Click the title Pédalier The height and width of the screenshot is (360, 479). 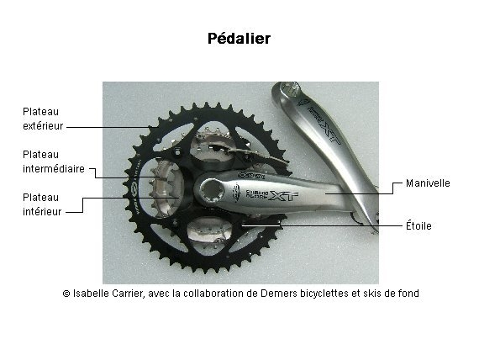[239, 39]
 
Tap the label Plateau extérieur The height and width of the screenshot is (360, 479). [43, 119]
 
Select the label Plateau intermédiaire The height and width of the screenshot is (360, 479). [54, 161]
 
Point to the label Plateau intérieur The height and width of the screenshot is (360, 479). [42, 204]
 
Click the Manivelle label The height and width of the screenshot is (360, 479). [428, 183]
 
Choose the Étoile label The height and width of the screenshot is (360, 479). [418, 225]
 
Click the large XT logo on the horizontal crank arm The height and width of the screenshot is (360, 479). [284, 196]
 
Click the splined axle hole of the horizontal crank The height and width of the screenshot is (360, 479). [209, 191]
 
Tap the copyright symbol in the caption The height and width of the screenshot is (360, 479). [66, 294]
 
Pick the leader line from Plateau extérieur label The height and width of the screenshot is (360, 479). [108, 127]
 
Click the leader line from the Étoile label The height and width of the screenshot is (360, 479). [322, 225]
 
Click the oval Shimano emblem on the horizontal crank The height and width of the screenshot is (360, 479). [236, 193]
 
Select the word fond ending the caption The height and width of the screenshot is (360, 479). [408, 294]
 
